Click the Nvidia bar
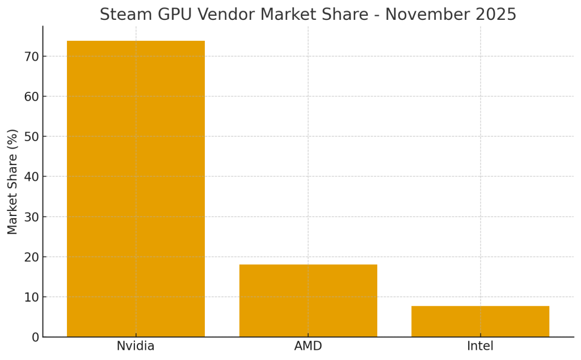click(x=136, y=189)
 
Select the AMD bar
click(x=308, y=300)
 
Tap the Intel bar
click(x=480, y=321)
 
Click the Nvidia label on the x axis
click(x=136, y=346)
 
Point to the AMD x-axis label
click(x=308, y=346)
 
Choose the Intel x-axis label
click(x=480, y=346)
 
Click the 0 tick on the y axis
click(x=35, y=337)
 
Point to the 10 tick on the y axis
click(x=32, y=297)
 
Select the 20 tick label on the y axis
click(x=32, y=257)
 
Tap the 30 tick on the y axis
click(x=32, y=217)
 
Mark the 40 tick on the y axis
click(x=32, y=177)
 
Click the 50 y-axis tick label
click(x=32, y=137)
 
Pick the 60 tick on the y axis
click(x=32, y=96)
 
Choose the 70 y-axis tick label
click(x=32, y=56)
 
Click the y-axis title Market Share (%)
click(x=12, y=181)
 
